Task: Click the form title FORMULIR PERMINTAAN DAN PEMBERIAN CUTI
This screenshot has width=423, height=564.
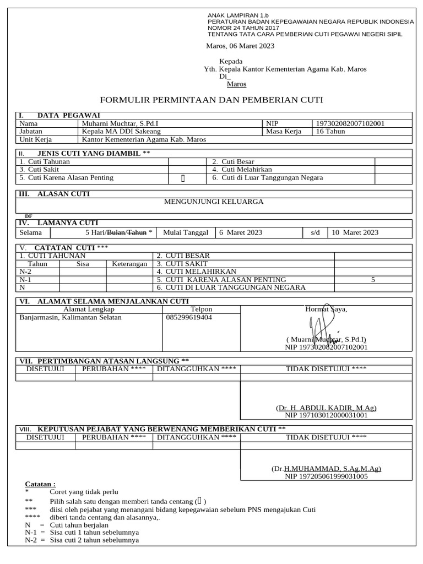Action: click(x=211, y=100)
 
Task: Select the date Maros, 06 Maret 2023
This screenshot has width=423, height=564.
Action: click(x=240, y=46)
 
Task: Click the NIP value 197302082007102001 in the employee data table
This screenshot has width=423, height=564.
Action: click(x=349, y=124)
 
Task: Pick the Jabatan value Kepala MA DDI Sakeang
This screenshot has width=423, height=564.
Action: click(x=121, y=132)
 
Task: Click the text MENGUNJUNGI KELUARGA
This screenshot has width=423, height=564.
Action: click(x=214, y=202)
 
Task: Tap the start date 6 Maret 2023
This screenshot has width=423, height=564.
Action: click(x=241, y=232)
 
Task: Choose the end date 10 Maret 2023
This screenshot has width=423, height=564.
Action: click(x=355, y=232)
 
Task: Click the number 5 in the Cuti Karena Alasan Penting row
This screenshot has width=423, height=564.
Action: click(x=373, y=280)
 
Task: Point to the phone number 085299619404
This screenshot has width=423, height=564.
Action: click(x=188, y=317)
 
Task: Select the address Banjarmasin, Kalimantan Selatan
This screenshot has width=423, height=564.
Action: click(x=70, y=317)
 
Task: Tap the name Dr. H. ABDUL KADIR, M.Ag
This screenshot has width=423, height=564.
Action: click(x=326, y=408)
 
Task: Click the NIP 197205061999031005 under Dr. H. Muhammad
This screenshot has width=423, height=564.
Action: click(x=326, y=476)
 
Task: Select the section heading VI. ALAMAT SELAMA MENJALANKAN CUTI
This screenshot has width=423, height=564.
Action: click(x=104, y=301)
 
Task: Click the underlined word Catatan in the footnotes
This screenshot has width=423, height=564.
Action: click(x=40, y=484)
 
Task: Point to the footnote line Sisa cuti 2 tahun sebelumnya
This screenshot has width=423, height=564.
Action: click(x=94, y=540)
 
